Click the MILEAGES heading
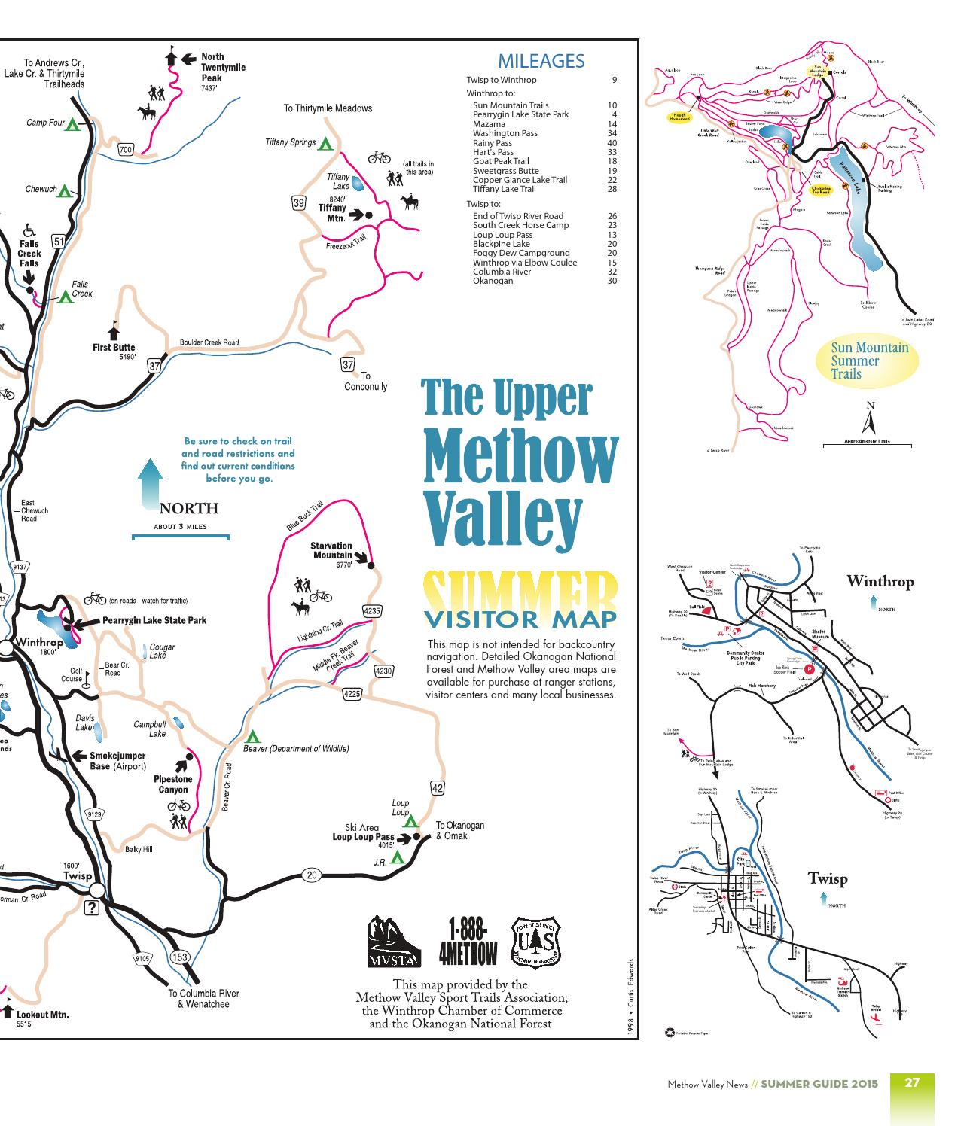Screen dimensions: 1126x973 [541, 61]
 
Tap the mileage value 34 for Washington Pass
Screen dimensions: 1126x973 [612, 133]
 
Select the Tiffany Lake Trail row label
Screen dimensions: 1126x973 [504, 189]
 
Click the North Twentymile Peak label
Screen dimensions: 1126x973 [223, 68]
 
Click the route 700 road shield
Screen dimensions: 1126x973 [126, 150]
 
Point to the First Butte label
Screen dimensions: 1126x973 [114, 348]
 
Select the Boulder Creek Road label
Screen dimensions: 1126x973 [209, 343]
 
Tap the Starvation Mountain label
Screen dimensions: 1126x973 [331, 551]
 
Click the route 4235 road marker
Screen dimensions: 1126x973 [372, 611]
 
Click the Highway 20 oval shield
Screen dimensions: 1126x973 [312, 874]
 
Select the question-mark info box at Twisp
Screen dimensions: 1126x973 [92, 908]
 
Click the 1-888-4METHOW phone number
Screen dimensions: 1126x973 [467, 941]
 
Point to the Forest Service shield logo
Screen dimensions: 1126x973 [536, 940]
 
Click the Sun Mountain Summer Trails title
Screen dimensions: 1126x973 [869, 361]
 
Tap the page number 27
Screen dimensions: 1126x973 [912, 1083]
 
